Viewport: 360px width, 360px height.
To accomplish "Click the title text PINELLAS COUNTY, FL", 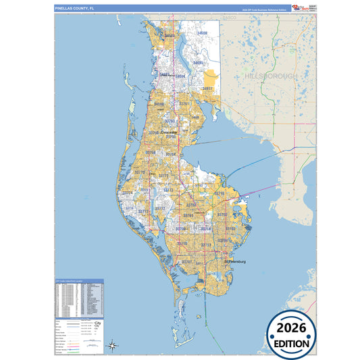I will click(x=76, y=7).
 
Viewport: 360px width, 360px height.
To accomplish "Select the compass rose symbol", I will click(x=113, y=346).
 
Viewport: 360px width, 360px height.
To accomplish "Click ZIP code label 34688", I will click(x=201, y=32).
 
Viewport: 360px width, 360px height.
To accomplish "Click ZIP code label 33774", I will click(x=126, y=192).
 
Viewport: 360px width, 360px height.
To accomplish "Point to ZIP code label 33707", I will click(x=187, y=261).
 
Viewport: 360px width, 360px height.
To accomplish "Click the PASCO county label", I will click(x=228, y=20).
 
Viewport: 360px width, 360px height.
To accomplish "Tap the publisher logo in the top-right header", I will click(x=303, y=7).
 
